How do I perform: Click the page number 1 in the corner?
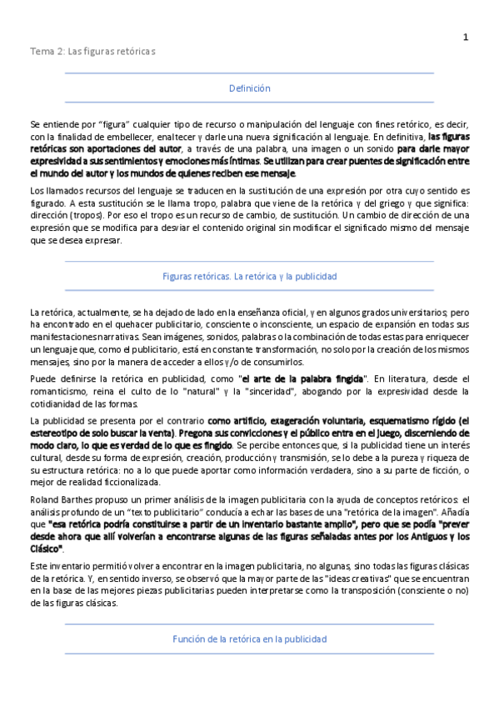coord(466,37)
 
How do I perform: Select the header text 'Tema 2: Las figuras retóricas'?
coord(92,52)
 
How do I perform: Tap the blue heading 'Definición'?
coord(249,88)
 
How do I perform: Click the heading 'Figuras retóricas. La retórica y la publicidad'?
coord(249,275)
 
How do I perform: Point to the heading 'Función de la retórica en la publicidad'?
coord(249,639)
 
